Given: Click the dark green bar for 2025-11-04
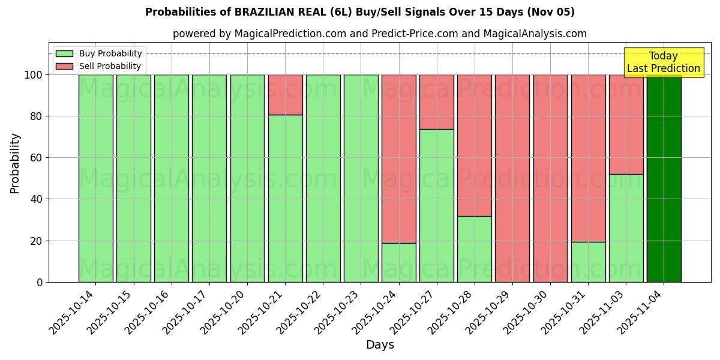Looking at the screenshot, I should pos(664,180).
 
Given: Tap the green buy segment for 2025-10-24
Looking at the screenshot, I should pos(399,262).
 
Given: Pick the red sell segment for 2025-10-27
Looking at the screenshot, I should pos(437,102).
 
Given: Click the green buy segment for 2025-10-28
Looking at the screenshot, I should pos(475,249).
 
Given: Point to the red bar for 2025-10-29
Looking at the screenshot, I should pos(512,178).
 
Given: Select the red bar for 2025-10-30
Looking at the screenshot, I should pos(550,178).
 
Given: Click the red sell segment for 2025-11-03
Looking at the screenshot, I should pos(626,124).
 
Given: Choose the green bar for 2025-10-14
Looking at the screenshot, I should pos(95,178).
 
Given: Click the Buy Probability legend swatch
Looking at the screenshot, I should pos(64,54).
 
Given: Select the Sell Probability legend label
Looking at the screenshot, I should pos(110,67).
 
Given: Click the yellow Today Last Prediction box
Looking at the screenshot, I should pos(664,62).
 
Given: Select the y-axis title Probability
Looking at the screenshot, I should pos(15,163).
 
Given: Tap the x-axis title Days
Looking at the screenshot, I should pos(380,345).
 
